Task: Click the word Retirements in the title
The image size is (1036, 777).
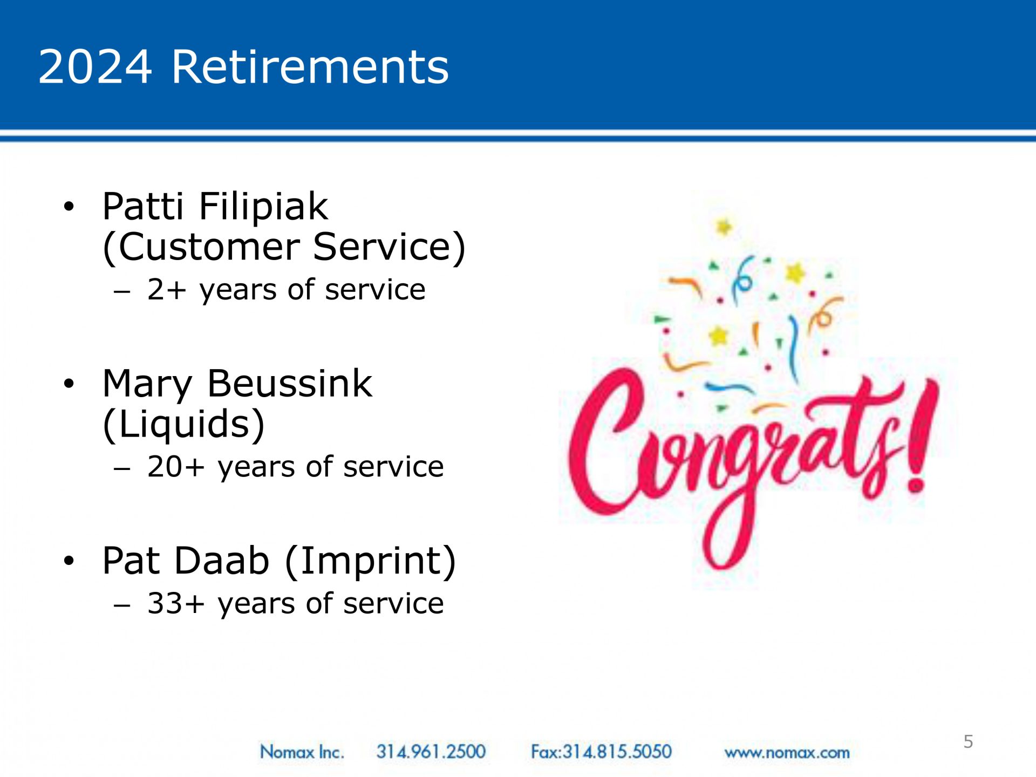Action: pos(310,67)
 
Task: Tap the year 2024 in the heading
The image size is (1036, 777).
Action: pos(95,67)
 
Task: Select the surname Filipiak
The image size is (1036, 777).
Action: pos(263,207)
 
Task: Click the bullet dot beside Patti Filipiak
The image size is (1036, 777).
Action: pos(69,206)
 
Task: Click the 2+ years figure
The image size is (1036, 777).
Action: pos(166,290)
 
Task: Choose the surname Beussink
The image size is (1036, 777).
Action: pos(290,384)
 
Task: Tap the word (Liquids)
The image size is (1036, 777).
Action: pos(183,424)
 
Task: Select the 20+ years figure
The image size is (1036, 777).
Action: pos(176,466)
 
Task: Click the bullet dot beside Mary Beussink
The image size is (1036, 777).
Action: pos(69,384)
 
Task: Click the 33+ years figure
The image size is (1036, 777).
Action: pos(176,603)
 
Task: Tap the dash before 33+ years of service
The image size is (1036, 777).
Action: pos(122,605)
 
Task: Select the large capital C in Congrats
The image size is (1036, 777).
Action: pos(607,440)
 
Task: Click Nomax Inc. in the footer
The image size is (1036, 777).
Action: pos(302,752)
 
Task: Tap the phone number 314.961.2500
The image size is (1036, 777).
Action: pos(431,752)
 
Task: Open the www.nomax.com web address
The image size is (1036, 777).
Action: pos(787,753)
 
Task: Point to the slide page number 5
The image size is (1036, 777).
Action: pos(968,741)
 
